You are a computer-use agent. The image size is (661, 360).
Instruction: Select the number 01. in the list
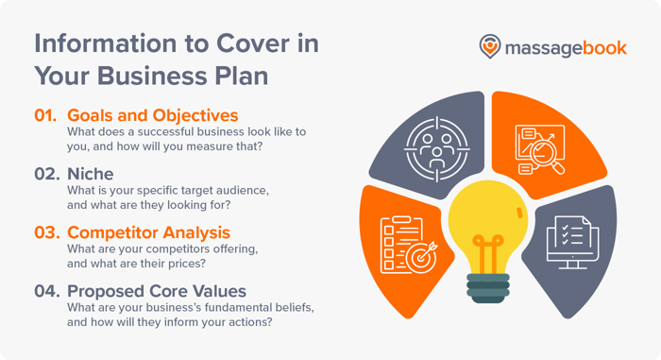(46, 116)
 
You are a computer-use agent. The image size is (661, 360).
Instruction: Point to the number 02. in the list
(47, 175)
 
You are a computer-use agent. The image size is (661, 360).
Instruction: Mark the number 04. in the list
(47, 290)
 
